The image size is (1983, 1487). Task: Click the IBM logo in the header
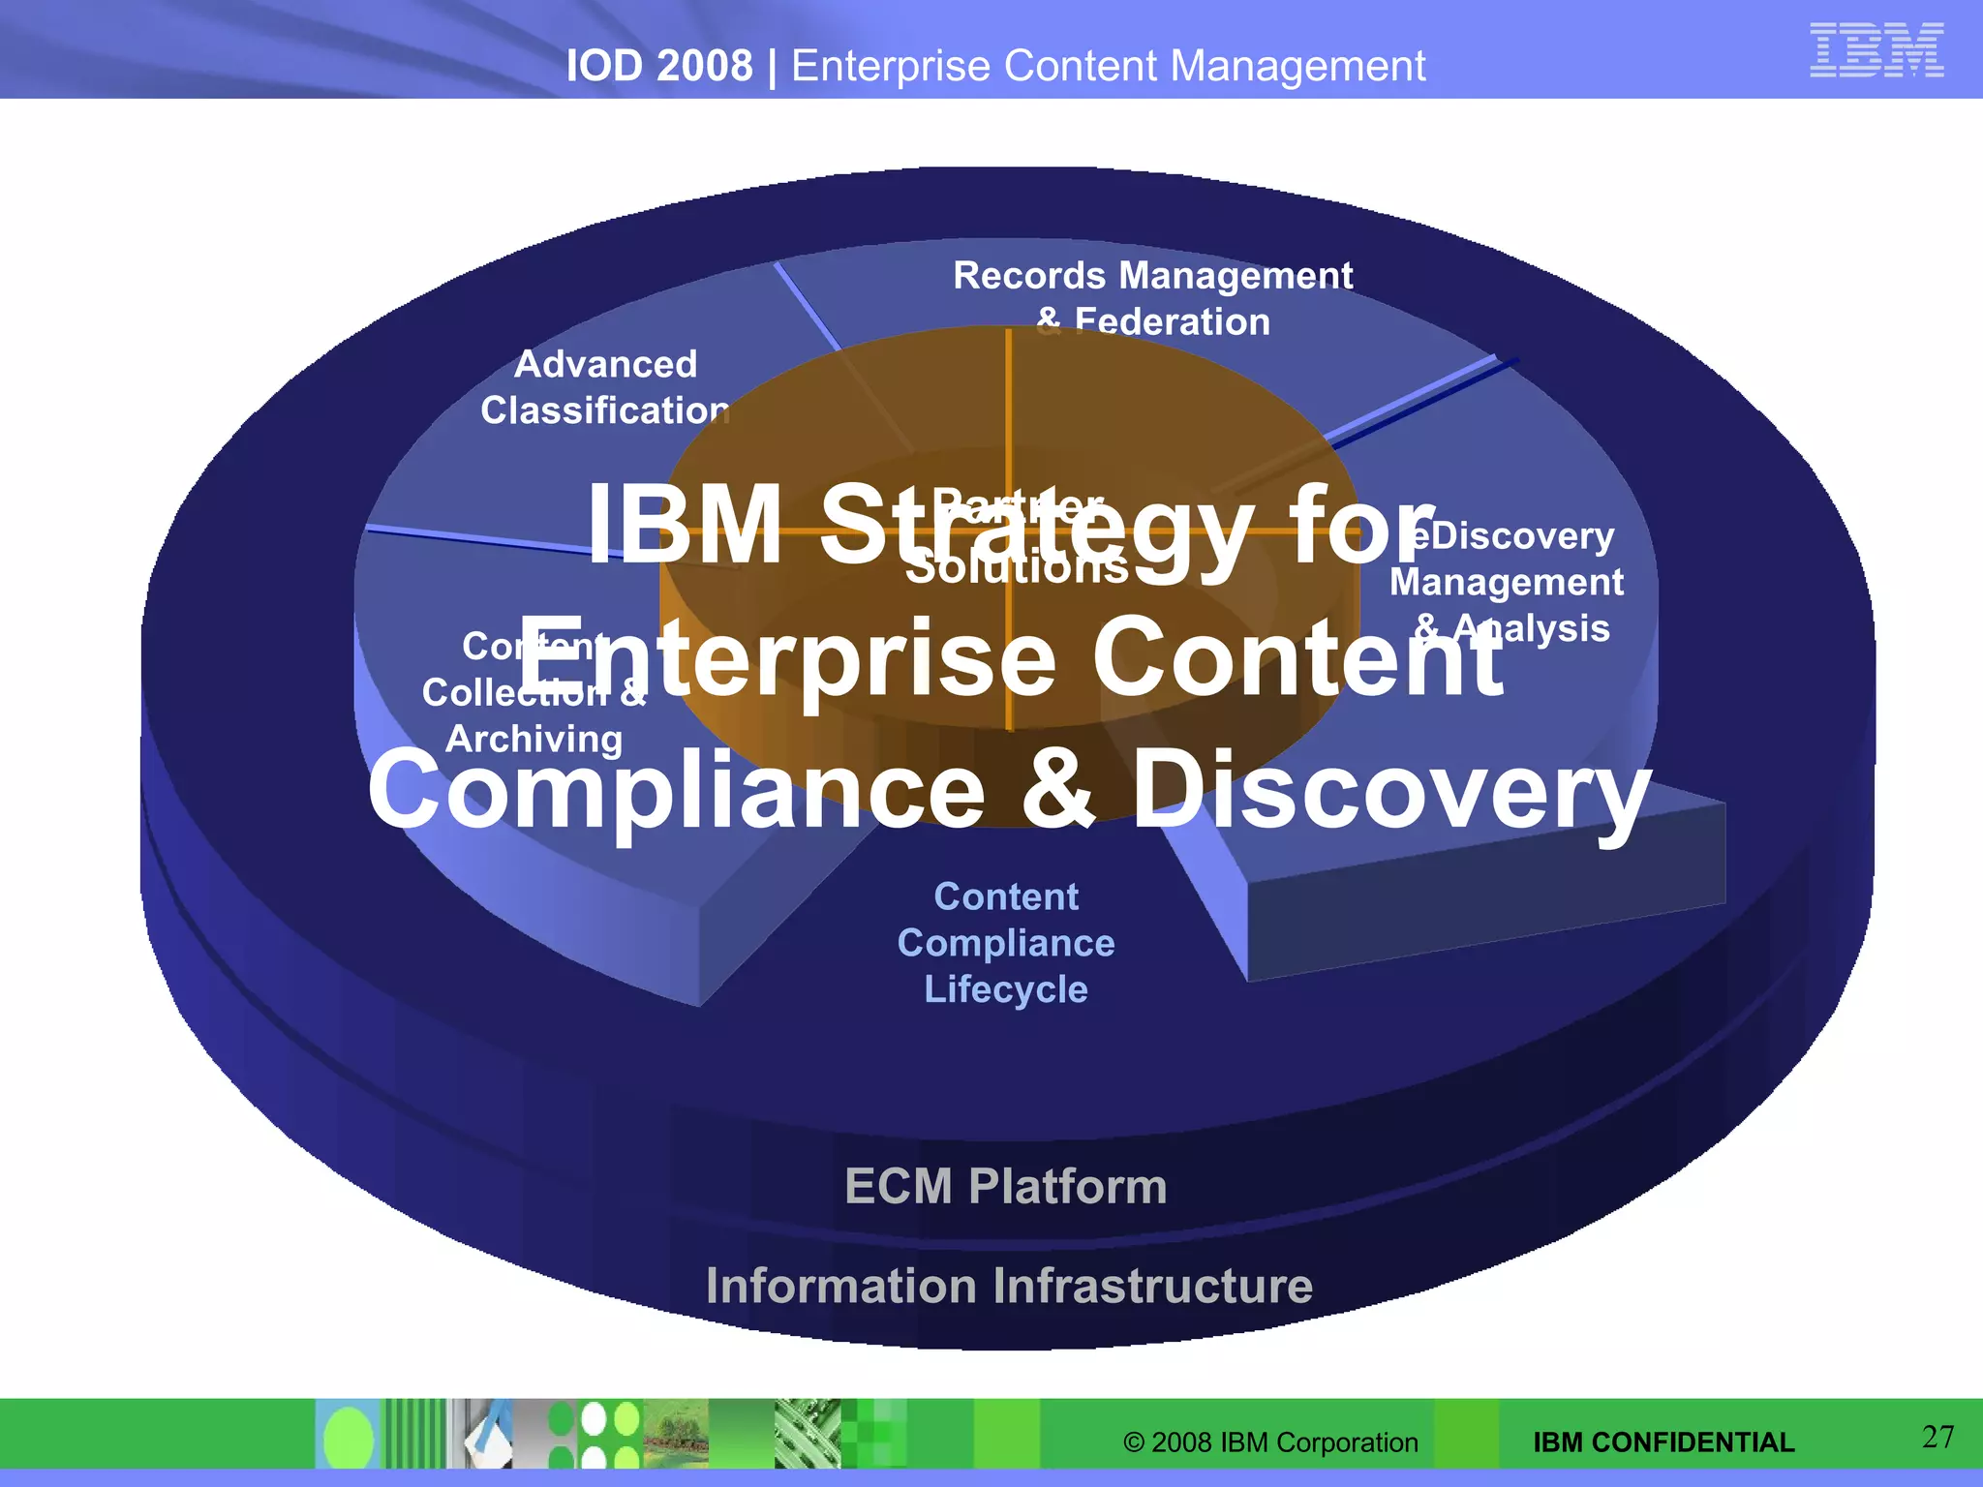click(x=1876, y=50)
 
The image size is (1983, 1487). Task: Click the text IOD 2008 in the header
click(x=658, y=66)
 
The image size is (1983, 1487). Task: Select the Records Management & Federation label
click(x=1152, y=297)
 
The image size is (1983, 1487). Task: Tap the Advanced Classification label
click(x=605, y=387)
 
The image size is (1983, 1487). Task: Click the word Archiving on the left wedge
click(x=534, y=739)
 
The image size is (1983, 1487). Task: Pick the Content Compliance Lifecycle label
click(x=1005, y=942)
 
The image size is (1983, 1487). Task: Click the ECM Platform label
click(x=1005, y=1186)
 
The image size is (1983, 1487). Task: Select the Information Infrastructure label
click(x=1009, y=1286)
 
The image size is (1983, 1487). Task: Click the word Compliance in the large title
click(x=675, y=791)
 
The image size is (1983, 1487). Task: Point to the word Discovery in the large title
click(x=1390, y=791)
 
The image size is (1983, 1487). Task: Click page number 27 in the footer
click(x=1937, y=1437)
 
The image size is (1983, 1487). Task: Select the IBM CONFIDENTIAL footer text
click(x=1663, y=1442)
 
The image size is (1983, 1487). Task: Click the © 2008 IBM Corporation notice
click(x=1269, y=1442)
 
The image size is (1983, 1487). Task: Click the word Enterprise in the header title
click(x=889, y=66)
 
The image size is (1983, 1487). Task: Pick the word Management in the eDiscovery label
click(x=1506, y=582)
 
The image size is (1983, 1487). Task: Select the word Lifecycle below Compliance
click(x=1005, y=989)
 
